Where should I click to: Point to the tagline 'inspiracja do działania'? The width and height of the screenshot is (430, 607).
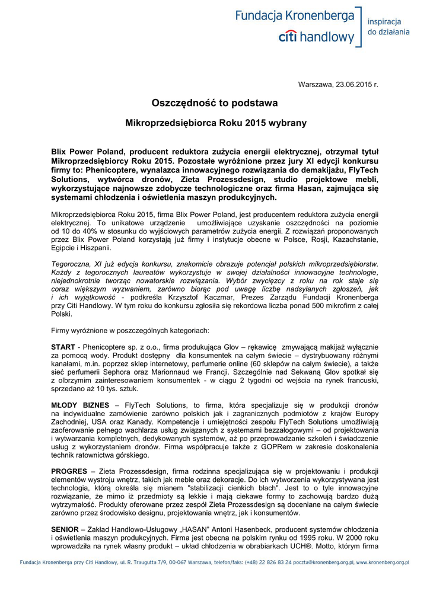[x=388, y=27]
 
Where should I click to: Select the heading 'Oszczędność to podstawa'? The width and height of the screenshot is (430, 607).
[x=215, y=103]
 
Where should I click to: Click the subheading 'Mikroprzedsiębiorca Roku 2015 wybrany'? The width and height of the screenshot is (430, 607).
[x=215, y=123]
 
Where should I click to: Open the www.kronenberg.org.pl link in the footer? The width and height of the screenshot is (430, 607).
[x=383, y=562]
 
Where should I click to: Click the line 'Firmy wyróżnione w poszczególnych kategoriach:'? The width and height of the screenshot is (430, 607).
[x=130, y=330]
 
